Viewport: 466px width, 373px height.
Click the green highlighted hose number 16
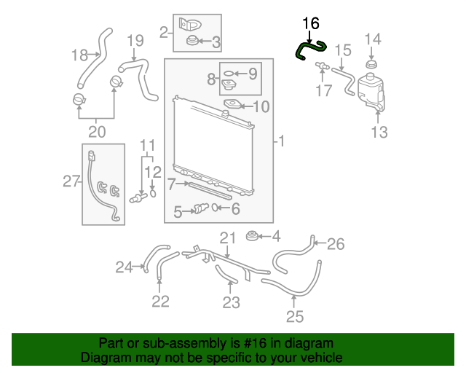(306, 47)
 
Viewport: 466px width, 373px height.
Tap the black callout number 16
(311, 23)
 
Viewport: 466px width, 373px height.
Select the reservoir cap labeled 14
(371, 65)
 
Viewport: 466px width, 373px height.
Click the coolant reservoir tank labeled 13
(371, 93)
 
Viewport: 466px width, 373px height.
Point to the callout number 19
(135, 41)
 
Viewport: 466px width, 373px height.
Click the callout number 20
(97, 132)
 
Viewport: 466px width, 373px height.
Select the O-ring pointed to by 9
(228, 74)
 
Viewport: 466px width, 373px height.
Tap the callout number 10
(261, 106)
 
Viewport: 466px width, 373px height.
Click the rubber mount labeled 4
(252, 236)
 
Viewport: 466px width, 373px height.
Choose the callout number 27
(71, 181)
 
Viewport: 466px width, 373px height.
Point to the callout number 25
(295, 316)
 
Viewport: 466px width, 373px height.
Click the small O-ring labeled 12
(153, 193)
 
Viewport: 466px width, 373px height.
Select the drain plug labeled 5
(201, 209)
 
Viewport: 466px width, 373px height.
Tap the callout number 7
(172, 184)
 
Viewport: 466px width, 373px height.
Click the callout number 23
(232, 302)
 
